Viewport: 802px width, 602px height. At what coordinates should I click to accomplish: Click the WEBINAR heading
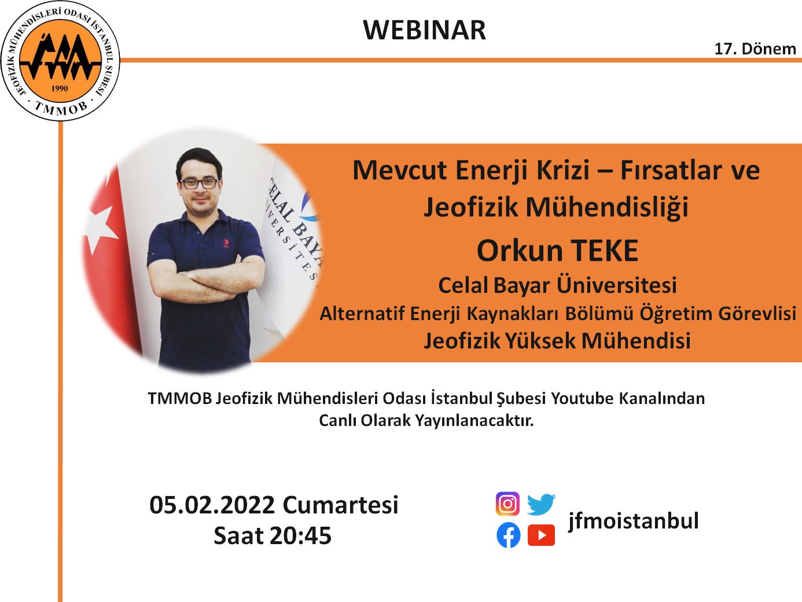coord(424,30)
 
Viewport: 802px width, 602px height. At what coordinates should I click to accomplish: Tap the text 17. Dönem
coord(755,49)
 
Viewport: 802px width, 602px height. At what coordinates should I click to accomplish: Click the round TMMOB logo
coord(60,61)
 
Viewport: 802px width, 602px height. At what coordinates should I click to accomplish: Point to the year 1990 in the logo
coord(60,89)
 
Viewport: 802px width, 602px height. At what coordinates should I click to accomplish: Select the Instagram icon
coord(507,504)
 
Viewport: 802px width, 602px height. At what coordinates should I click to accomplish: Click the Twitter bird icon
coord(541,504)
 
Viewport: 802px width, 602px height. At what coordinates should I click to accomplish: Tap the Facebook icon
coord(508,535)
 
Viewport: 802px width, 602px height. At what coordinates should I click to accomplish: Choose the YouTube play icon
coord(541,535)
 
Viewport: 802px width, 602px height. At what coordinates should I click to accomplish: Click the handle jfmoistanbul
coord(633,520)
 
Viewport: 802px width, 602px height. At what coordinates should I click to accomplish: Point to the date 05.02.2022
coord(212,505)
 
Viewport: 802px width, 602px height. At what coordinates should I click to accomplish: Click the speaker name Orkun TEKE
coord(557,251)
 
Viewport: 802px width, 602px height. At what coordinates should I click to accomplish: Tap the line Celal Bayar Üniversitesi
coord(557,285)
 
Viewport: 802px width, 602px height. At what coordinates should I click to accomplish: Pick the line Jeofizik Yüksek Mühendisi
coord(557,341)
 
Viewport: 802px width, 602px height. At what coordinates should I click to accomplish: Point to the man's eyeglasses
coord(200,183)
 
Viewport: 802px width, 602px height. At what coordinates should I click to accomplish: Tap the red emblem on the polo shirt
coord(226,243)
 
